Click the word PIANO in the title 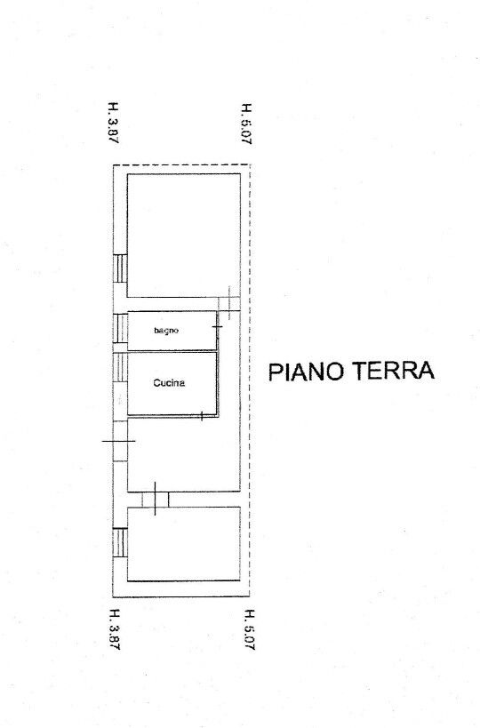click(x=307, y=371)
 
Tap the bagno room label click(x=166, y=331)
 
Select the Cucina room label click(x=169, y=383)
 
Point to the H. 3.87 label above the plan click(x=113, y=123)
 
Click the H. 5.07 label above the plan click(x=246, y=124)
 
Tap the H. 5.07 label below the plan click(x=249, y=629)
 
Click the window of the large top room click(x=120, y=268)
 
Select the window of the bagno click(x=120, y=328)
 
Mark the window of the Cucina click(x=120, y=367)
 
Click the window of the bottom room click(x=120, y=542)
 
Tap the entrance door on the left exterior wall click(x=120, y=441)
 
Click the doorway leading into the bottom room click(x=155, y=499)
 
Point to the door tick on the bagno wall click(x=217, y=327)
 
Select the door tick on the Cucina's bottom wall click(x=202, y=416)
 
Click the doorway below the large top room click(x=228, y=304)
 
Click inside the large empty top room click(x=184, y=236)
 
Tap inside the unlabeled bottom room click(x=184, y=544)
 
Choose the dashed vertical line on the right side click(x=250, y=380)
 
